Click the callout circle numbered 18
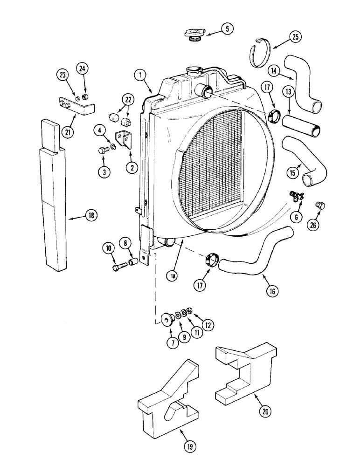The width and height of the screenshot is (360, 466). tap(90, 216)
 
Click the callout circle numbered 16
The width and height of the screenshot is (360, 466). tap(273, 291)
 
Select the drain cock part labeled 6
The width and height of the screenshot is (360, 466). tap(297, 196)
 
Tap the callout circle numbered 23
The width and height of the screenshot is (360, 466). tap(62, 75)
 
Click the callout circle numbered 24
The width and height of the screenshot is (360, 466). tap(83, 69)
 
